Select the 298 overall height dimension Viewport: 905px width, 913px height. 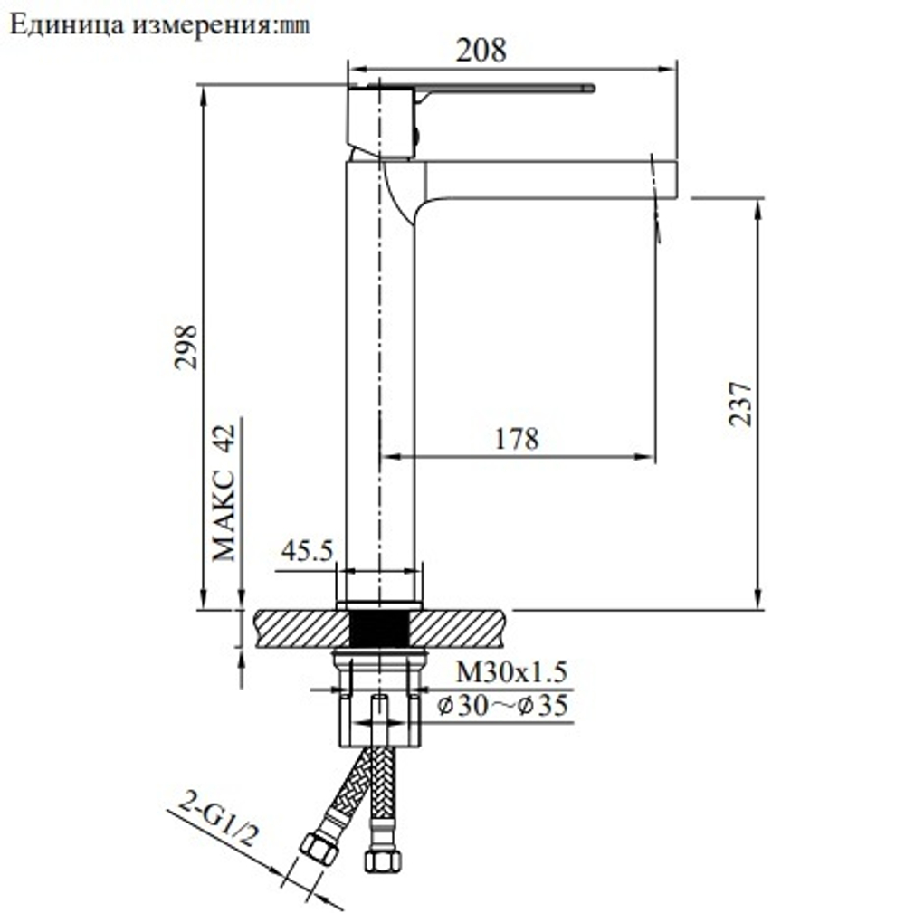[x=186, y=347]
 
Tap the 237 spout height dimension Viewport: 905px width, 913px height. [x=739, y=404]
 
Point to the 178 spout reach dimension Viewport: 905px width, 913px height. [x=517, y=439]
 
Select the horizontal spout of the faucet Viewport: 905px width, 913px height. [x=543, y=179]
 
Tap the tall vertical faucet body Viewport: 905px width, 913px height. [x=380, y=380]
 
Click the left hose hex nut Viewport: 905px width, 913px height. [x=319, y=849]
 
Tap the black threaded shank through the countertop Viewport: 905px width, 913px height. [x=379, y=628]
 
